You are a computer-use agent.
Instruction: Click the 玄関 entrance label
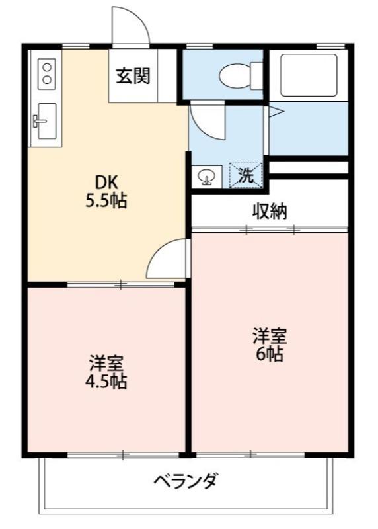(x=133, y=76)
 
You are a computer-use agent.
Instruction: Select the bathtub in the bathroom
(x=309, y=75)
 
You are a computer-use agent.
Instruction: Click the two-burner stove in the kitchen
(x=46, y=74)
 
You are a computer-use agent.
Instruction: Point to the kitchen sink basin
(x=47, y=121)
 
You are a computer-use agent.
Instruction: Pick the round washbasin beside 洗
(x=206, y=177)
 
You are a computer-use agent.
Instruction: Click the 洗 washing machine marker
(x=245, y=175)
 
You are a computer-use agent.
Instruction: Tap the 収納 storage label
(x=270, y=212)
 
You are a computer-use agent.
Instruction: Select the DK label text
(x=106, y=183)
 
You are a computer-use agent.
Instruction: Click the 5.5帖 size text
(x=106, y=201)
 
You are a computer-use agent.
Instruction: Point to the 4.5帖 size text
(x=106, y=382)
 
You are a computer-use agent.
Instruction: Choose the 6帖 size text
(x=270, y=354)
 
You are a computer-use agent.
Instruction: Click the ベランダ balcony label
(x=185, y=481)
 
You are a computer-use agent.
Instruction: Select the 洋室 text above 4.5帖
(x=106, y=363)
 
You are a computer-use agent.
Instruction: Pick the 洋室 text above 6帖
(x=270, y=336)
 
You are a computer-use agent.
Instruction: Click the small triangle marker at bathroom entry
(x=276, y=112)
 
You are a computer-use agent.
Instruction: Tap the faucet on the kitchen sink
(x=40, y=120)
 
